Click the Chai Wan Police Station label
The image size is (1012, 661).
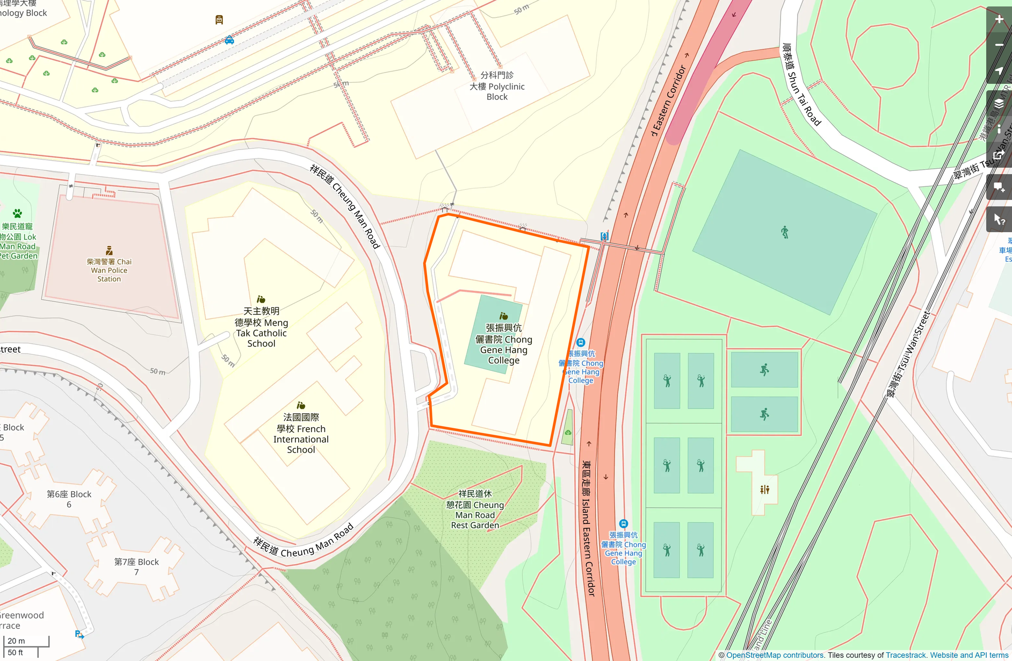pos(109,270)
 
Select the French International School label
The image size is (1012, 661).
pos(301,433)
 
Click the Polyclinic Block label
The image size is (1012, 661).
pos(497,86)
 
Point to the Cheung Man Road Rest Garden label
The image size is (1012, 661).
pos(475,509)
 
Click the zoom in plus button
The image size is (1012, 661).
pos(999,19)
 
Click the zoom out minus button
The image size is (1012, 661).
pos(999,45)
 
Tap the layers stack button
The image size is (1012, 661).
pos(999,104)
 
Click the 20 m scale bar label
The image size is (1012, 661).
pos(17,641)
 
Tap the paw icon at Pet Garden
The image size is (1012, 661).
pos(17,213)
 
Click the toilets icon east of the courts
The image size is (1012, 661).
pos(764,490)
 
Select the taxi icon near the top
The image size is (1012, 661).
pos(229,40)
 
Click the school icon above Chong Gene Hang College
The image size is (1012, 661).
pos(503,316)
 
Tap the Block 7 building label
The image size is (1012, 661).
pos(136,566)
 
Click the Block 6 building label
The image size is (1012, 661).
pos(69,499)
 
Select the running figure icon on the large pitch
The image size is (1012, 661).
pos(785,232)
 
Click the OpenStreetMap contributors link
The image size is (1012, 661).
pos(775,655)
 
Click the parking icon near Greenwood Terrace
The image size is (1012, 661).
pos(79,634)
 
